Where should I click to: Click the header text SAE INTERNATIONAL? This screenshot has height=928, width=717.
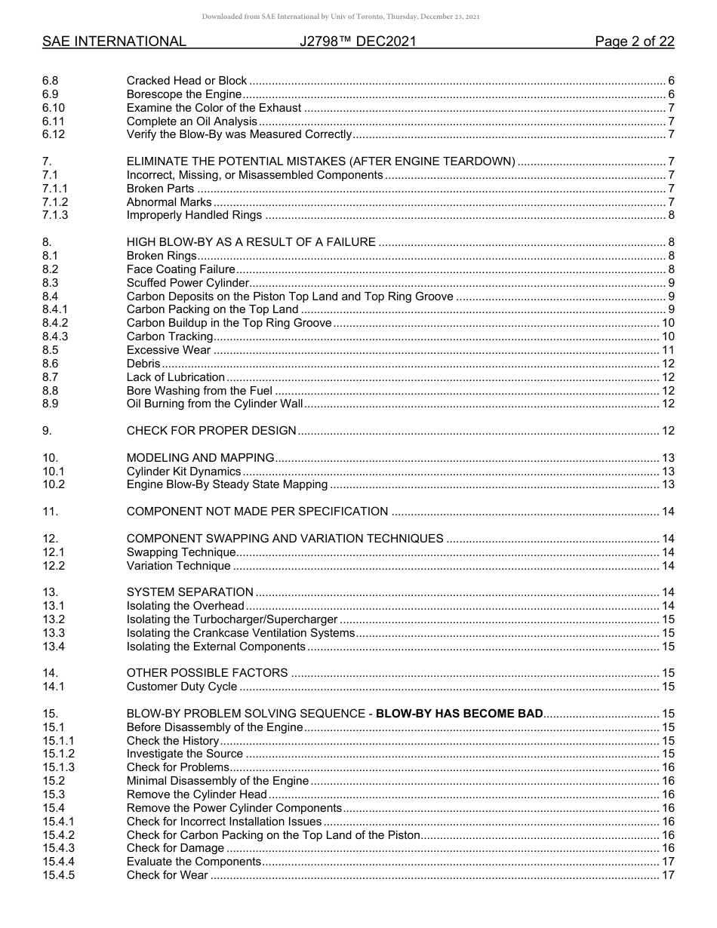pyautogui.click(x=114, y=41)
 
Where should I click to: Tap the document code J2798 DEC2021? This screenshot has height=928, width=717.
pyautogui.click(x=358, y=41)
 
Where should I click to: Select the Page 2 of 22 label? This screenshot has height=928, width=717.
pyautogui.click(x=634, y=41)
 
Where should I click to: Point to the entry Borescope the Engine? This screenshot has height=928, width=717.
pyautogui.click(x=184, y=94)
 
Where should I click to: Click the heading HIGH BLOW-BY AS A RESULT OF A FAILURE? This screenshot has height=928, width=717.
pyautogui.click(x=251, y=242)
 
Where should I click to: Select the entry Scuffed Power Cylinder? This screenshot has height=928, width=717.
pyautogui.click(x=188, y=283)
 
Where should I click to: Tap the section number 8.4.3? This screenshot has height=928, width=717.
pyautogui.click(x=55, y=336)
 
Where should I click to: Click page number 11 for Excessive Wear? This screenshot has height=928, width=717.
pyautogui.click(x=668, y=350)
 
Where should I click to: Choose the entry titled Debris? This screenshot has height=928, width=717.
pyautogui.click(x=143, y=364)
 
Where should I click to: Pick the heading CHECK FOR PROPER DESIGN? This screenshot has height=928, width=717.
pyautogui.click(x=211, y=431)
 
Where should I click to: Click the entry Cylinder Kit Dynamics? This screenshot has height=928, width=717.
pyautogui.click(x=183, y=472)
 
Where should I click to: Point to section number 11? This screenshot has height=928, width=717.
pyautogui.click(x=50, y=512)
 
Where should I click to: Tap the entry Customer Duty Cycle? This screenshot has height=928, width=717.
pyautogui.click(x=182, y=687)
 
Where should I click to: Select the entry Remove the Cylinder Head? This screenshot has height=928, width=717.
pyautogui.click(x=197, y=794)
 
